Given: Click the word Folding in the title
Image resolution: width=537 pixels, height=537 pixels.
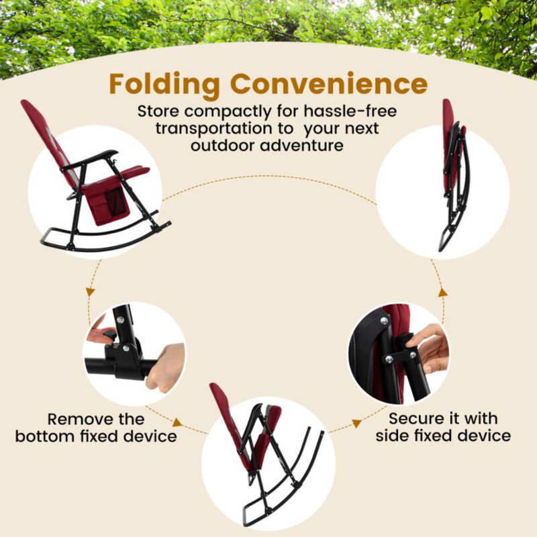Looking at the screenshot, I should (x=165, y=85).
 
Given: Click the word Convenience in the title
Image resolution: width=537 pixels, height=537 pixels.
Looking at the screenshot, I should (x=329, y=85).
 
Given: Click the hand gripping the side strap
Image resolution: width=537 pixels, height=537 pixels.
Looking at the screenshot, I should (x=430, y=346).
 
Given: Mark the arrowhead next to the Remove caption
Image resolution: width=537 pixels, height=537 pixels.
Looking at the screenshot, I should (x=177, y=423).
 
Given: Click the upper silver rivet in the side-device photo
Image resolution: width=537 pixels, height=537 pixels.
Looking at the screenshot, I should (x=385, y=322).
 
